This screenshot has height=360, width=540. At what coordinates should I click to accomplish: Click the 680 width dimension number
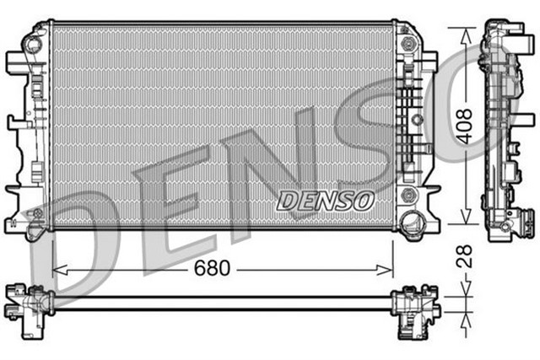click(x=212, y=270)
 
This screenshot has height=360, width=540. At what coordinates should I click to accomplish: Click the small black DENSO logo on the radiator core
click(x=325, y=200)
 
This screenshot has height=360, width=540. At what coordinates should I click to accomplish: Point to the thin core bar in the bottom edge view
click(x=219, y=298)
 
